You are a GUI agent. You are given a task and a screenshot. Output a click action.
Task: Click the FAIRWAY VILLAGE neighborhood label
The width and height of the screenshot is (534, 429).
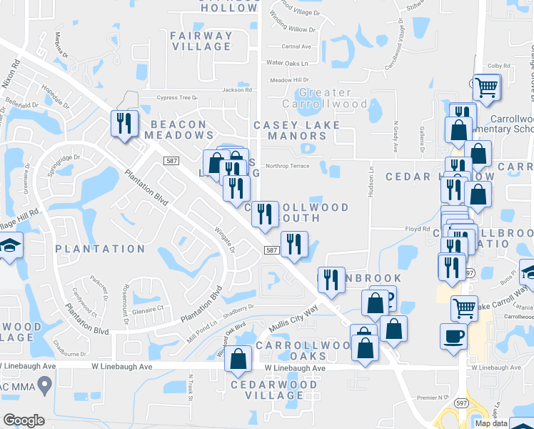click(201, 41)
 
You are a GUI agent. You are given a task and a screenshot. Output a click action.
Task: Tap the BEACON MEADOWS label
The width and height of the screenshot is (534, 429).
click(176, 129)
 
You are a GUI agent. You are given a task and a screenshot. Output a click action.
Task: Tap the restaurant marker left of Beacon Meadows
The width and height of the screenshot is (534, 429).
click(124, 124)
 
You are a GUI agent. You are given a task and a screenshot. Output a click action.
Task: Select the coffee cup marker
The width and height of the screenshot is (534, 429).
click(453, 335)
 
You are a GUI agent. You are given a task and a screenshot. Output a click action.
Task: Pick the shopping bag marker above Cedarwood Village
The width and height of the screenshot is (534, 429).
click(238, 359)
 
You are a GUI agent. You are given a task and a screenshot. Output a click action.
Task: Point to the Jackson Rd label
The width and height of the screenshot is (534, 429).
click(237, 90)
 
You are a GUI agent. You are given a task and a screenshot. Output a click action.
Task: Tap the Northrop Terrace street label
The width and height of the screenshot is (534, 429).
click(288, 166)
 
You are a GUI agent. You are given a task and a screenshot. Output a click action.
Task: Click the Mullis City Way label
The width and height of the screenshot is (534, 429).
click(293, 319)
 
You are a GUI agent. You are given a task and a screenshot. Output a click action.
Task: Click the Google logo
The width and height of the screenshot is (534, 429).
click(24, 420)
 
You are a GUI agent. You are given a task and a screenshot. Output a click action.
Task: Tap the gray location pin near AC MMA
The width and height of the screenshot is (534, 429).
click(45, 387)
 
